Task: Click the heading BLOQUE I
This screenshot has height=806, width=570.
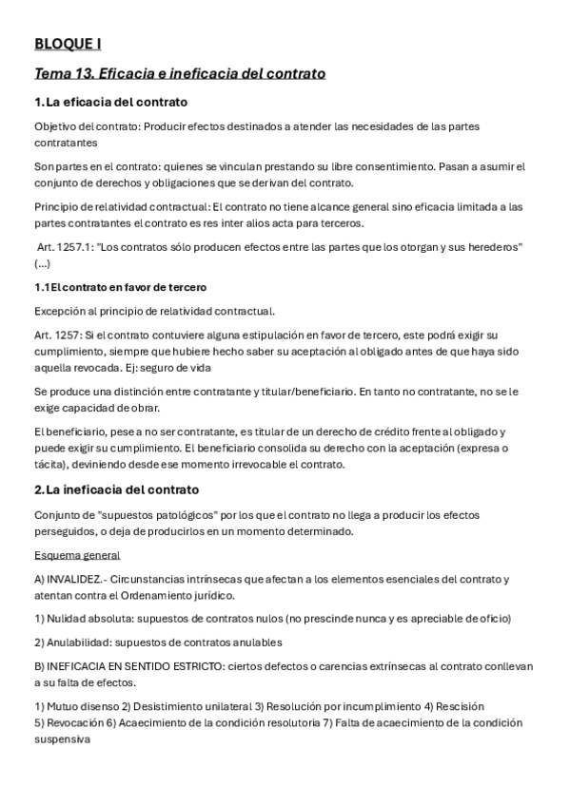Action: (68, 43)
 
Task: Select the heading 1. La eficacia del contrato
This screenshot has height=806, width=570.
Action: (110, 102)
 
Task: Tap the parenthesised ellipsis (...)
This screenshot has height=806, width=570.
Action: (44, 263)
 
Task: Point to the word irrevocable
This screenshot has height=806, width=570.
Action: (265, 464)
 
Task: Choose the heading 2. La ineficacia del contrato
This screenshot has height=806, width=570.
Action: (116, 489)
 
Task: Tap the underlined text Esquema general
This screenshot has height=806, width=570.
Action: (77, 555)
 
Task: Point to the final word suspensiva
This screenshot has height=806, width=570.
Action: (61, 739)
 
